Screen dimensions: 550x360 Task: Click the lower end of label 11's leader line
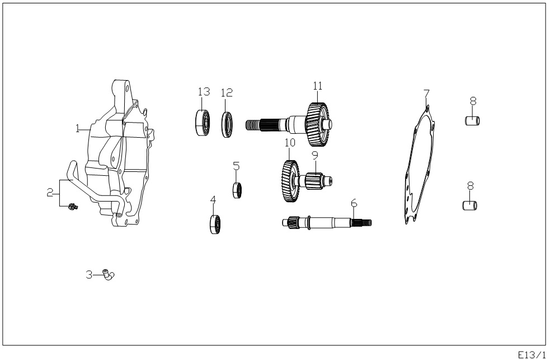[318, 102]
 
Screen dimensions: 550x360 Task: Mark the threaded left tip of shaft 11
[247, 125]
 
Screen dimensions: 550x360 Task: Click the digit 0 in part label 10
[292, 143]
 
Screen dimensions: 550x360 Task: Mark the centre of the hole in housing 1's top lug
[126, 87]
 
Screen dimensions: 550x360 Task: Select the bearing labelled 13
[203, 123]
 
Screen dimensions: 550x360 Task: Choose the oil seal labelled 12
[227, 124]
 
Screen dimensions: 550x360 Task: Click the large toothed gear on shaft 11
[318, 124]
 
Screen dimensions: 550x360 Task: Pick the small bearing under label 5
[237, 190]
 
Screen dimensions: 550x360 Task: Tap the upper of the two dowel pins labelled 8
[472, 121]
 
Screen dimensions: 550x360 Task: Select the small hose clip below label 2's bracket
[73, 207]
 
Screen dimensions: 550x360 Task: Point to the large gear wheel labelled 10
[290, 181]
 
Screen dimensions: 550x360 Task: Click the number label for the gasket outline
[426, 93]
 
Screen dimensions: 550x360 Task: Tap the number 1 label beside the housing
[78, 128]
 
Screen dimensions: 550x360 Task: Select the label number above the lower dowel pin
[471, 186]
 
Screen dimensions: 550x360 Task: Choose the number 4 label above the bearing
[213, 200]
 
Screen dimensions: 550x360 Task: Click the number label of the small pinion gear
[314, 155]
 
